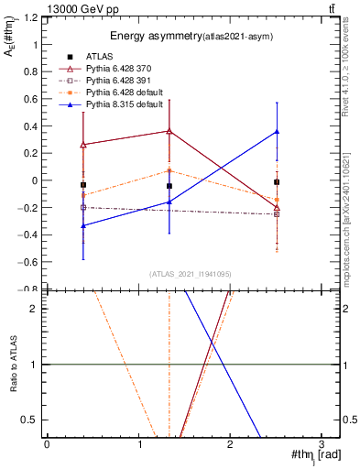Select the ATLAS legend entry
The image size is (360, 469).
[x=100, y=57]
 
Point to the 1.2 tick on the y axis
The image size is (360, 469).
[x=30, y=17]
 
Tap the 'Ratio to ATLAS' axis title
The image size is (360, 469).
[x=12, y=365]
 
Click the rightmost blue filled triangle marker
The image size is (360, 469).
[x=277, y=132]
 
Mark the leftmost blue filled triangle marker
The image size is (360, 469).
[x=83, y=225]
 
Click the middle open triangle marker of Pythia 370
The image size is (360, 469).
[x=169, y=131]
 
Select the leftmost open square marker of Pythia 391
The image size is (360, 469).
[x=83, y=207]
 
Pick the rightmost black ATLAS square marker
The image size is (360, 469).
[x=277, y=182]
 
